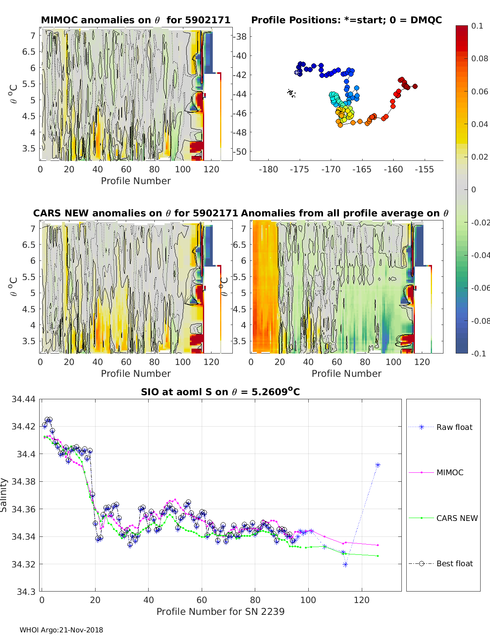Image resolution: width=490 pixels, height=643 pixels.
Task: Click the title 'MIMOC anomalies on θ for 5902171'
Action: pyautogui.click(x=136, y=20)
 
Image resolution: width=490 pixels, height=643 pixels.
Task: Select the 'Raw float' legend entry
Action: pyautogui.click(x=454, y=427)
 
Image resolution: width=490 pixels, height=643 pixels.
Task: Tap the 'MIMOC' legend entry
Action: pyautogui.click(x=450, y=472)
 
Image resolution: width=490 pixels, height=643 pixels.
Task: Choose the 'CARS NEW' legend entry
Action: pyautogui.click(x=457, y=518)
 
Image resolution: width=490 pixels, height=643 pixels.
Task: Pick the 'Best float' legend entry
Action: pyautogui.click(x=454, y=563)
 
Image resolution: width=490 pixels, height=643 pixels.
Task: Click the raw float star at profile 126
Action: pyautogui.click(x=378, y=465)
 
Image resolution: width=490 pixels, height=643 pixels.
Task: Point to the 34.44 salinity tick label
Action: pyautogui.click(x=24, y=399)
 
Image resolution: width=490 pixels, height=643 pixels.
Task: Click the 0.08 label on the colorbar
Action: pyautogui.click(x=479, y=58)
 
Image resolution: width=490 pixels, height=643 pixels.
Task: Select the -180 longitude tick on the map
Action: pyautogui.click(x=268, y=169)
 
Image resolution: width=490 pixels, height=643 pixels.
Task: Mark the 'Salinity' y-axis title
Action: pyautogui.click(x=4, y=495)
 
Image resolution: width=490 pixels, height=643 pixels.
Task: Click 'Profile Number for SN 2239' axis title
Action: pyautogui.click(x=220, y=612)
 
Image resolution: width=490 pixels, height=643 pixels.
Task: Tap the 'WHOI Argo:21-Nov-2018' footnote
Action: pyautogui.click(x=61, y=630)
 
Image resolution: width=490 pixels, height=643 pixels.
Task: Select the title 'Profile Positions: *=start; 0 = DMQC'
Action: pyautogui.click(x=346, y=20)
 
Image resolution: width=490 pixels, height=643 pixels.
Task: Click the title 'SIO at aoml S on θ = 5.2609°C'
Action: pyautogui.click(x=220, y=392)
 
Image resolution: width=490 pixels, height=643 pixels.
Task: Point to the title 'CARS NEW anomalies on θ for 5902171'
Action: pyautogui.click(x=136, y=213)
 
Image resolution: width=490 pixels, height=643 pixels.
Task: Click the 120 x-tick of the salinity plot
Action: pyautogui.click(x=361, y=600)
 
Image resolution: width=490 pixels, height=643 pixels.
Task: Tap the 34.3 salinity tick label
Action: pyautogui.click(x=26, y=591)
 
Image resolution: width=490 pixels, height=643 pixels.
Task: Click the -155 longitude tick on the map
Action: pyautogui.click(x=424, y=169)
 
